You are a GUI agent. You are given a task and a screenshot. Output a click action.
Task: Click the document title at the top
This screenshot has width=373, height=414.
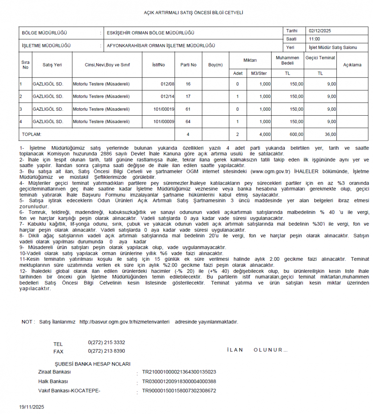click(x=193, y=13)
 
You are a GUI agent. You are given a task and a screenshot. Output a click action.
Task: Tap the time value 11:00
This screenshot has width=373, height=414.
click(x=314, y=39)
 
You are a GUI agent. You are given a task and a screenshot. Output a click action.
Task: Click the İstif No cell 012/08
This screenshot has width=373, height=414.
click(x=168, y=84)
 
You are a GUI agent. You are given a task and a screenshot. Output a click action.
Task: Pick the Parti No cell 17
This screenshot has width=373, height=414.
click(x=188, y=97)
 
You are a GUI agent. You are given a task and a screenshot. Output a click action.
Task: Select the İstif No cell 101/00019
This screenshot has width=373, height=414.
click(x=164, y=109)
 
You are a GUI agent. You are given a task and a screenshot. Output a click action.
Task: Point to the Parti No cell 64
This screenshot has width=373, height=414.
click(x=188, y=122)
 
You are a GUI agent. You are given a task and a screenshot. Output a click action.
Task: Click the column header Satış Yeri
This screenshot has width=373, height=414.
click(x=52, y=65)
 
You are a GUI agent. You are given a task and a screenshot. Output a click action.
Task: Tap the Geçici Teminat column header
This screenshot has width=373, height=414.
click(x=320, y=58)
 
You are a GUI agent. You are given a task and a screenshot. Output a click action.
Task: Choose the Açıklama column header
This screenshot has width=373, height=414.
click(x=352, y=65)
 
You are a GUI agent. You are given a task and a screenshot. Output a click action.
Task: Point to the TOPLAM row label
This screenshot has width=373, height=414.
click(x=32, y=134)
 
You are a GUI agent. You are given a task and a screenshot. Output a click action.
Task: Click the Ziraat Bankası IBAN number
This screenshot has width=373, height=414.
click(x=179, y=372)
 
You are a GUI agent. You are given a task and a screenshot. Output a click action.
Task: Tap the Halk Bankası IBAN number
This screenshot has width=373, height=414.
click(x=179, y=382)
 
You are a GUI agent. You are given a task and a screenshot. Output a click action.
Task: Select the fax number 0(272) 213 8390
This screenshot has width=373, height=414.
click(x=106, y=351)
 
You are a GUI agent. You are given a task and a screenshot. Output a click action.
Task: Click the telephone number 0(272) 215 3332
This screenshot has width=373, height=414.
click(x=106, y=342)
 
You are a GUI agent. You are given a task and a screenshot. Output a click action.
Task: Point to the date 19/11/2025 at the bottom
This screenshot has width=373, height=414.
click(x=32, y=407)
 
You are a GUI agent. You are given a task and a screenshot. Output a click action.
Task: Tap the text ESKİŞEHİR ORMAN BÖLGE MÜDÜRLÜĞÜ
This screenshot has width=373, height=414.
click(x=151, y=33)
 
